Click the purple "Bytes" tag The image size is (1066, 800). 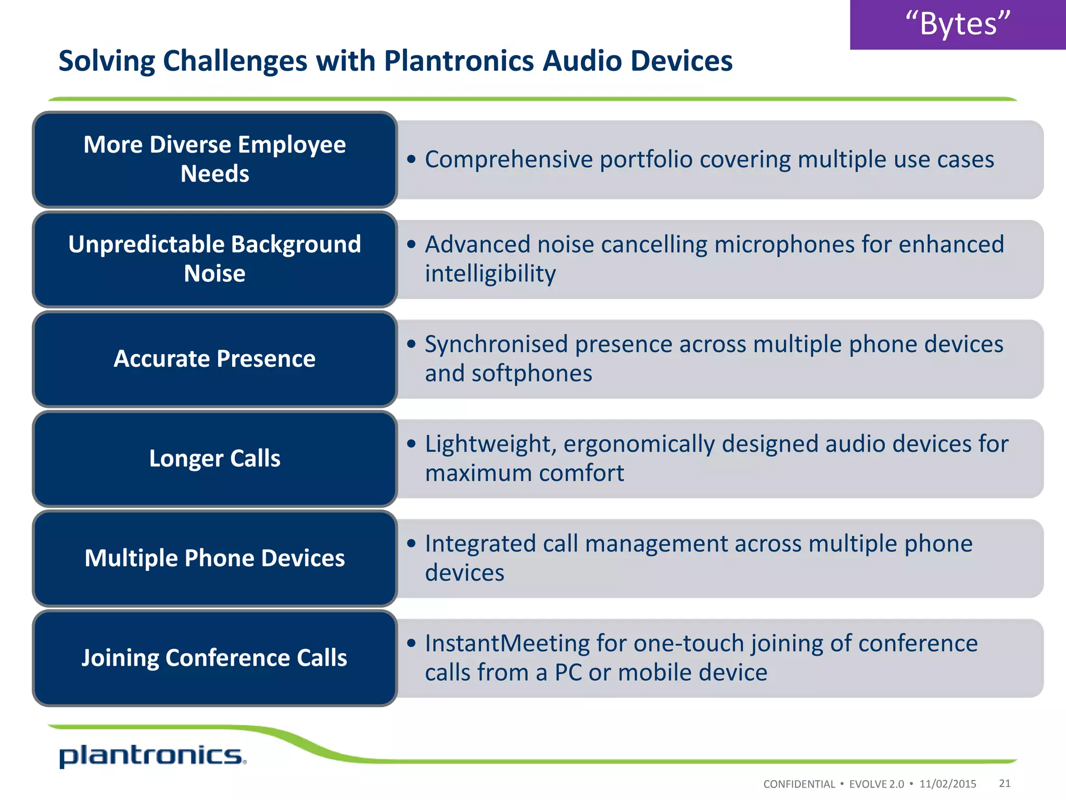(957, 24)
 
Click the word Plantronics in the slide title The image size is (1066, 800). (459, 61)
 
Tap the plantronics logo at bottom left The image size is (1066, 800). (152, 756)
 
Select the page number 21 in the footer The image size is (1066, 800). (1005, 783)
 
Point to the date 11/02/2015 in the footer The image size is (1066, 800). (947, 784)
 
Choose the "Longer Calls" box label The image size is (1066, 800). (214, 459)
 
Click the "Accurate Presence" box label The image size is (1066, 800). (214, 359)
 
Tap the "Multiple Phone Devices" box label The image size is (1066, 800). (214, 558)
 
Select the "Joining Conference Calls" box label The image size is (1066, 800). (214, 658)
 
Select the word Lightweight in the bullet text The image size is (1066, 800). (490, 444)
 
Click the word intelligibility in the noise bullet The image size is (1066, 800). (490, 274)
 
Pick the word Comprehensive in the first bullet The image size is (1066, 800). (509, 160)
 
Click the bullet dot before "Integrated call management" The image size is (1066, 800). (412, 544)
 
